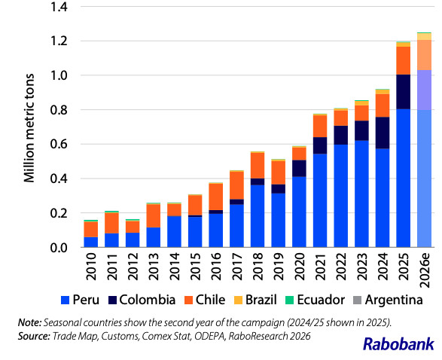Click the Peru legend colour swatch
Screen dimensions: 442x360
(x=65, y=300)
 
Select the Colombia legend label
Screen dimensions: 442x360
(x=148, y=300)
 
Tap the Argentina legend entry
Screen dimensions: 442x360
(x=388, y=300)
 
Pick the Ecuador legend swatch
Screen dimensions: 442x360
(x=289, y=300)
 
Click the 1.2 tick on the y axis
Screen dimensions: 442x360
(x=59, y=41)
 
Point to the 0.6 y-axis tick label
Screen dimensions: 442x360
(x=59, y=145)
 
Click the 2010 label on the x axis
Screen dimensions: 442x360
(x=91, y=267)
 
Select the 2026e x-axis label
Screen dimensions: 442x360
(x=424, y=270)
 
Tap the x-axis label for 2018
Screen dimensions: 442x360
(x=258, y=267)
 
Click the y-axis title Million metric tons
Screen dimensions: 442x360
(x=29, y=128)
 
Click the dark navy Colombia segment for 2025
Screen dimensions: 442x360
(x=404, y=92)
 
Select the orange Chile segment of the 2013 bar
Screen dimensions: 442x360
(x=154, y=216)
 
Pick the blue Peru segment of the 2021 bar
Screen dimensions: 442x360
(x=320, y=201)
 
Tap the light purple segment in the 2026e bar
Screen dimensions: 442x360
(x=424, y=90)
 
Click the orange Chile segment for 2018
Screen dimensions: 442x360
(x=258, y=166)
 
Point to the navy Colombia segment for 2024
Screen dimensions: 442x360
(x=383, y=133)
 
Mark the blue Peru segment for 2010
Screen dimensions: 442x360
(x=91, y=243)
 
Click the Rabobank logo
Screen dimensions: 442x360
(x=398, y=344)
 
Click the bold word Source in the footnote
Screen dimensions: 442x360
(x=34, y=337)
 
